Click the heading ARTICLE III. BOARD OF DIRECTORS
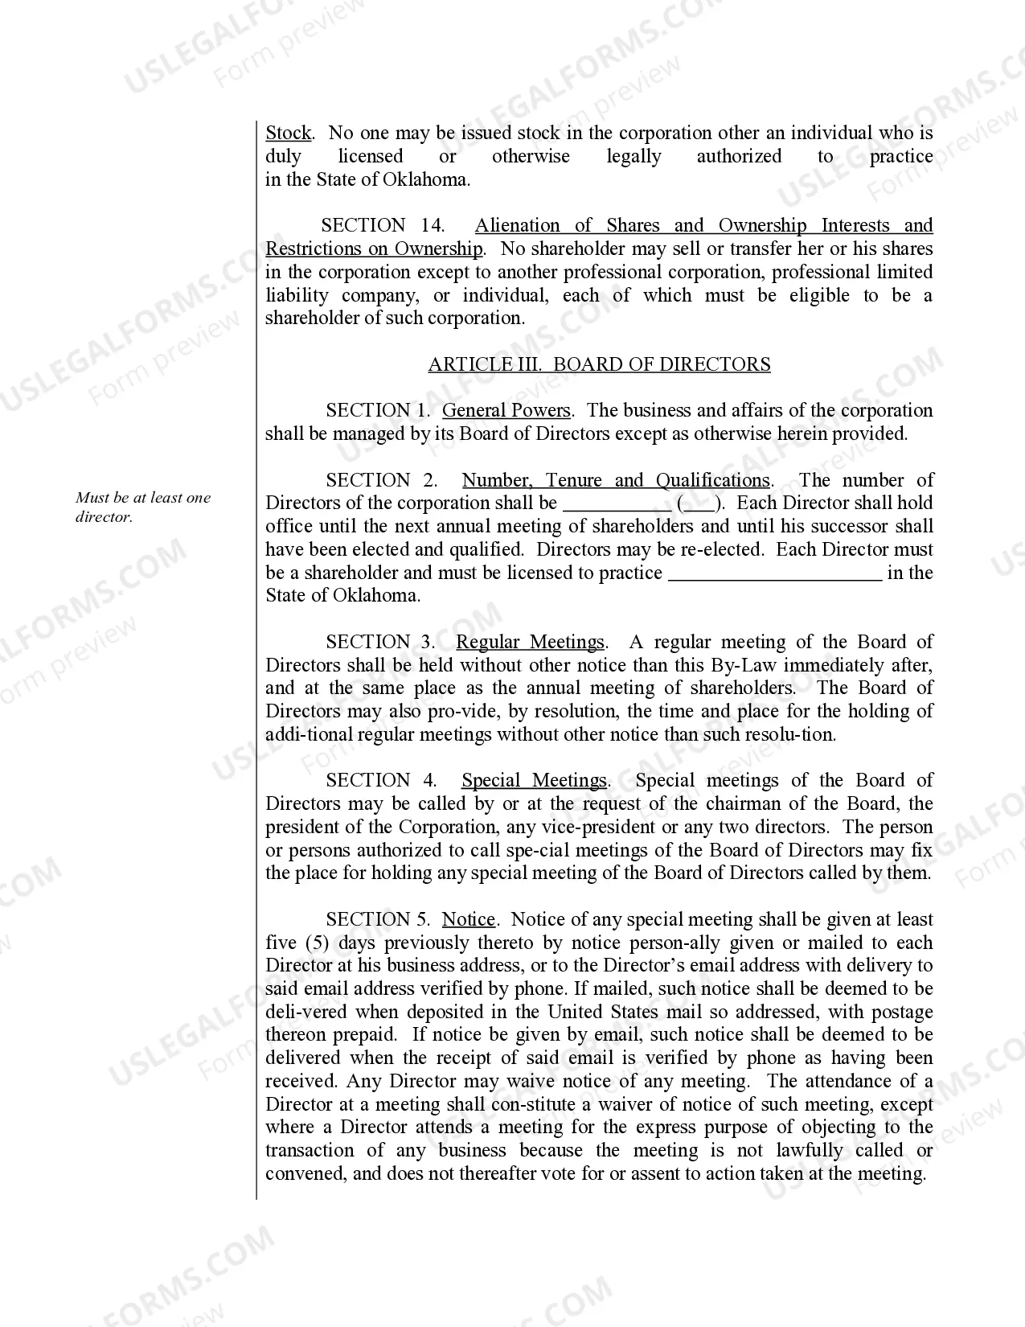click(599, 364)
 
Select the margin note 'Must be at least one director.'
click(143, 507)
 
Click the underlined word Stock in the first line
click(288, 133)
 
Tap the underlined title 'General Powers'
click(506, 410)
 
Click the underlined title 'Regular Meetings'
click(530, 642)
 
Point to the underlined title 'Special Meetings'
click(534, 780)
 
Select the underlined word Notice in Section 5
click(469, 919)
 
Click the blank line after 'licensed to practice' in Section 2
click(775, 575)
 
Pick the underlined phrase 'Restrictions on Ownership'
click(374, 249)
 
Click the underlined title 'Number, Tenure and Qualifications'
click(616, 480)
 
